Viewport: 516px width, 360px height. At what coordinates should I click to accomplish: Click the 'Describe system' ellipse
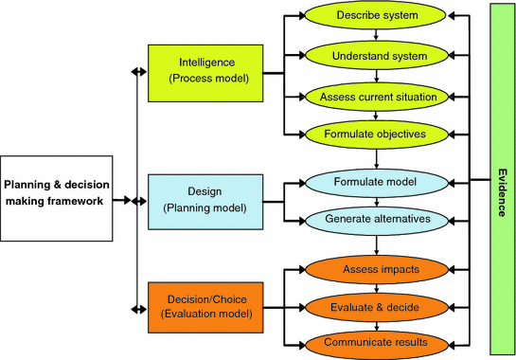coord(376,17)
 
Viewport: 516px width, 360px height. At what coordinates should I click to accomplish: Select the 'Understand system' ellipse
coord(376,56)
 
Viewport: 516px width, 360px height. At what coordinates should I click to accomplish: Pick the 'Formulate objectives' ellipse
coord(376,134)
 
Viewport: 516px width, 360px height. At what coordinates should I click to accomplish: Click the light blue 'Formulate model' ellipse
coord(376,180)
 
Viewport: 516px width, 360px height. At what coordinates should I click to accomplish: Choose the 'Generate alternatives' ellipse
coord(376,219)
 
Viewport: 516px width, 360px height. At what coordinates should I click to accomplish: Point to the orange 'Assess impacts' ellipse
coord(376,268)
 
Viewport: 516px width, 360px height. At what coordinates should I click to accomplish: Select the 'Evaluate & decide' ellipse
coord(376,306)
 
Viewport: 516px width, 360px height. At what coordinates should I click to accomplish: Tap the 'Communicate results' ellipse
coord(376,342)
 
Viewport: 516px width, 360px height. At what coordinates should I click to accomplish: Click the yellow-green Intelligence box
coord(206,71)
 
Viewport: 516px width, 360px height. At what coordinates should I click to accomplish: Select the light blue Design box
coord(206,201)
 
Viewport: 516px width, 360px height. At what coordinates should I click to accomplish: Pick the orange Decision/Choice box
coord(206,306)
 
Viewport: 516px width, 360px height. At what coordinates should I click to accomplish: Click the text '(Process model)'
coord(206,79)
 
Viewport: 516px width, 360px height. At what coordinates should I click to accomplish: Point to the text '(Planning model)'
coord(206,208)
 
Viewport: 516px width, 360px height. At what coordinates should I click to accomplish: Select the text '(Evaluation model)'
coord(206,315)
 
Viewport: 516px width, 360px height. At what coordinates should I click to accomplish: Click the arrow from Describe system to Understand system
coord(376,36)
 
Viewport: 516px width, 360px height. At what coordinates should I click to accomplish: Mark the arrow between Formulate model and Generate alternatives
coord(376,199)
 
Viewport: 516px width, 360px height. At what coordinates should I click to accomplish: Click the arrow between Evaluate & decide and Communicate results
coord(376,324)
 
